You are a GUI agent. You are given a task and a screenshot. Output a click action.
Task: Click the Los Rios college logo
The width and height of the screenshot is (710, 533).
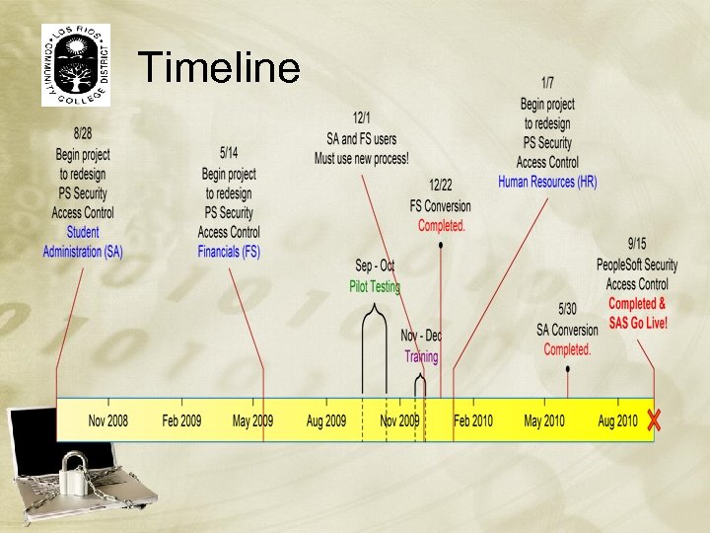coord(76,64)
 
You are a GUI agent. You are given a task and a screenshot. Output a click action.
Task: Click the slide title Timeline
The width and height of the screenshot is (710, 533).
coord(219,68)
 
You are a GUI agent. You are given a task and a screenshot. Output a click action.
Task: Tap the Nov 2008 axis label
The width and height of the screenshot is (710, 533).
coord(107,420)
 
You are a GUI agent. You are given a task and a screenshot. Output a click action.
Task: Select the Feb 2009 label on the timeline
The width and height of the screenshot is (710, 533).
coord(181,420)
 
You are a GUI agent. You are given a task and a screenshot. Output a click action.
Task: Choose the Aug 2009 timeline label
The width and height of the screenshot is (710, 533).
coord(326,420)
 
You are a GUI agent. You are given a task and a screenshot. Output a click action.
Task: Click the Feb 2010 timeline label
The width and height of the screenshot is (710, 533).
coord(473,420)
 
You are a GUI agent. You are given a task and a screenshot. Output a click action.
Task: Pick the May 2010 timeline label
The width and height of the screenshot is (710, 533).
coord(545,420)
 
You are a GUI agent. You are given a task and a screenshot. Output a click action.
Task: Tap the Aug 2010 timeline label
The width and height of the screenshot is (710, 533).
coord(617,420)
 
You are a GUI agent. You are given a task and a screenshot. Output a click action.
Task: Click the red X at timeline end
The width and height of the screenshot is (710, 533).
coord(653,419)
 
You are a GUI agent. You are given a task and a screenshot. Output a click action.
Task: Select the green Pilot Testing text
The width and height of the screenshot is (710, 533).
coord(375,286)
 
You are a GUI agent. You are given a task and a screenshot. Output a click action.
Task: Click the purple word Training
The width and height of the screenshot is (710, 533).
coord(421,356)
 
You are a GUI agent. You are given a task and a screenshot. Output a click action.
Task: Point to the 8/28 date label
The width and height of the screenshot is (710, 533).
coord(83,134)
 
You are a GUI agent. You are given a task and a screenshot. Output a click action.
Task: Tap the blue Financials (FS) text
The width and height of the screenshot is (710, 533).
coord(229,252)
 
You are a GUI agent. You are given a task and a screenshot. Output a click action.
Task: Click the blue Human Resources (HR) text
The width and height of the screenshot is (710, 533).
coord(547,182)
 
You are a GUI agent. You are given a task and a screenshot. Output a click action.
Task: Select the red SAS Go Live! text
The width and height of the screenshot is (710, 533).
coord(637,323)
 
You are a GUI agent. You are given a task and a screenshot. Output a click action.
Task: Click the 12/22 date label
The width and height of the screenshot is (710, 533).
coord(441,186)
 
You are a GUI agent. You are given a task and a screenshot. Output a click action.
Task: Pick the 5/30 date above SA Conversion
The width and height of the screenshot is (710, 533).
coord(567,309)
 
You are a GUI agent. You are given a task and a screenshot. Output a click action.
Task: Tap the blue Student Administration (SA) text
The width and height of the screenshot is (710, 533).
coord(83,242)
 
